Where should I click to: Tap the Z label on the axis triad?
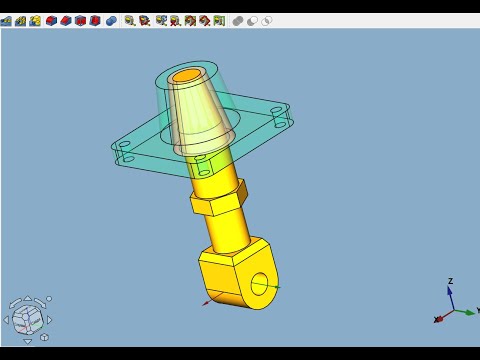click(451, 281)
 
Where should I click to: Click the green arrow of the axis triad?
click(464, 311)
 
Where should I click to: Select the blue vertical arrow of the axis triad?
click(451, 298)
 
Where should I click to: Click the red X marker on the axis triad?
click(438, 319)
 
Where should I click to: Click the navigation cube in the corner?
click(27, 319)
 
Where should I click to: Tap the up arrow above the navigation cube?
click(27, 297)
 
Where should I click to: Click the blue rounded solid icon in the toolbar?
click(111, 20)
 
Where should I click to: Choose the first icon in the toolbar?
click(6, 20)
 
